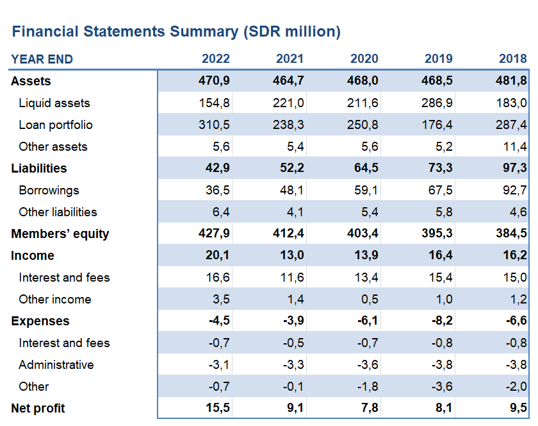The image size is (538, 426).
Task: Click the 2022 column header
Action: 215,59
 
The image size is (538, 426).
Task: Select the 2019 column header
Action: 439,59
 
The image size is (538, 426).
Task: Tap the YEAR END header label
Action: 42,59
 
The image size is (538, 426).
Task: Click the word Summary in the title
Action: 204,31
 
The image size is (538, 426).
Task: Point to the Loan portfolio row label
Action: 56,125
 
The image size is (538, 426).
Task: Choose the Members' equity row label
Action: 60,234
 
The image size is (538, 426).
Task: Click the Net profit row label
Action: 38,408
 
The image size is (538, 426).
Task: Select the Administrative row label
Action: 56,365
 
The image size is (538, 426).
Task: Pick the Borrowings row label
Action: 49,190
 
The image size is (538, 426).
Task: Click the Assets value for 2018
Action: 511,80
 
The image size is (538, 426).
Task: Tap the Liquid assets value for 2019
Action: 437,103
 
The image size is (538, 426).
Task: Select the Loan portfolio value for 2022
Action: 214,124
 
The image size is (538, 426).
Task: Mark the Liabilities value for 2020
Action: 366,168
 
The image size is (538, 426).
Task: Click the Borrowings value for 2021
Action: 291,190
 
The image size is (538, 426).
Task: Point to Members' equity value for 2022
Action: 214,233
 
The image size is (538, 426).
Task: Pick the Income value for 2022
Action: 218,255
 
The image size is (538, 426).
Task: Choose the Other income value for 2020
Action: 370,299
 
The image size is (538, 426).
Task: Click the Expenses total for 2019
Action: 442,320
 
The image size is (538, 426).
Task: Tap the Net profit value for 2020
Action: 370,408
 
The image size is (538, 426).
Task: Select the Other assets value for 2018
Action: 515,146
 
